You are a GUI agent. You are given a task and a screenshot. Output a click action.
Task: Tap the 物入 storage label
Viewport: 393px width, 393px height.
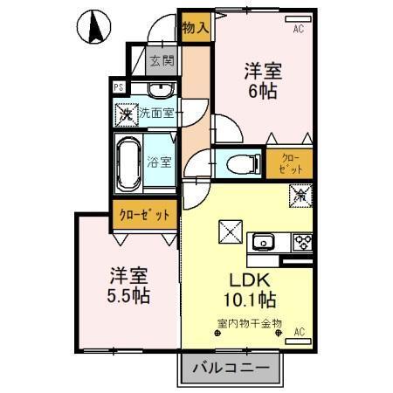[195, 27]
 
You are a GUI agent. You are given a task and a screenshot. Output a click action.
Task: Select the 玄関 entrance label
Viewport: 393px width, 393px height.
[160, 61]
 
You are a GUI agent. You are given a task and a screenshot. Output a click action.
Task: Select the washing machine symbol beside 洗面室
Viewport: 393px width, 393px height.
[128, 114]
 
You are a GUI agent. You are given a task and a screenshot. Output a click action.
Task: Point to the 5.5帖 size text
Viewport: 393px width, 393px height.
[129, 295]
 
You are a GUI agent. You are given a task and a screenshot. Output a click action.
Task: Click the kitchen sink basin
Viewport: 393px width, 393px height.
[263, 241]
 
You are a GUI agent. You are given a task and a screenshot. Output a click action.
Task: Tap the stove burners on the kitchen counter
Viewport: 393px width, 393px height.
[302, 241]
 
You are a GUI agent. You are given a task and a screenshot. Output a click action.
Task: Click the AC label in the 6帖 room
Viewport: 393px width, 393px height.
[298, 29]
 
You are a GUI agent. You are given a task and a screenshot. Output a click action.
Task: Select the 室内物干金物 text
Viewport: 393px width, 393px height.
[249, 325]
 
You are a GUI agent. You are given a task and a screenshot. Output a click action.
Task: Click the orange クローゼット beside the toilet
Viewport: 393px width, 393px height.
[289, 162]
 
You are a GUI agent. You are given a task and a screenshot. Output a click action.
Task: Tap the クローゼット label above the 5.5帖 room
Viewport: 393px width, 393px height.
[145, 215]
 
